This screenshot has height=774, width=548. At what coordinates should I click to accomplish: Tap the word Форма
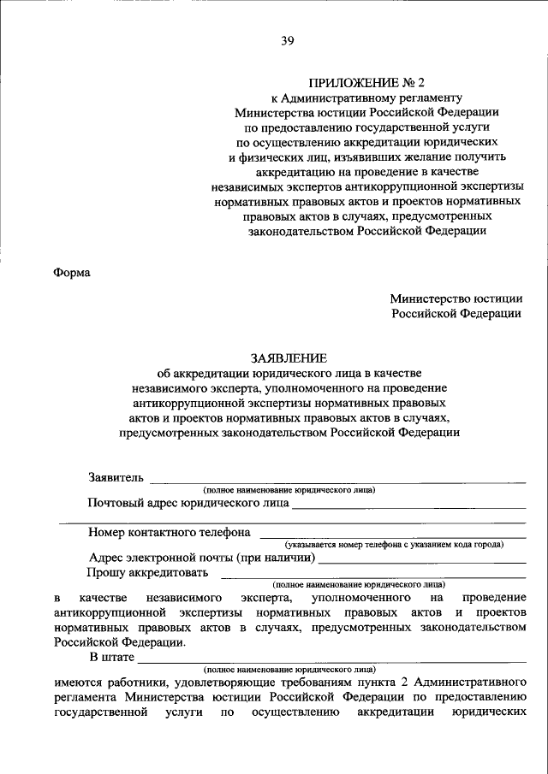72,273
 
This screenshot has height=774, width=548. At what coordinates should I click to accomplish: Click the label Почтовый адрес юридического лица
188,504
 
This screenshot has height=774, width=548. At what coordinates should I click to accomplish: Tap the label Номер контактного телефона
169,531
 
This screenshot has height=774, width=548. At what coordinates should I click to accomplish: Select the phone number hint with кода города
395,544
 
